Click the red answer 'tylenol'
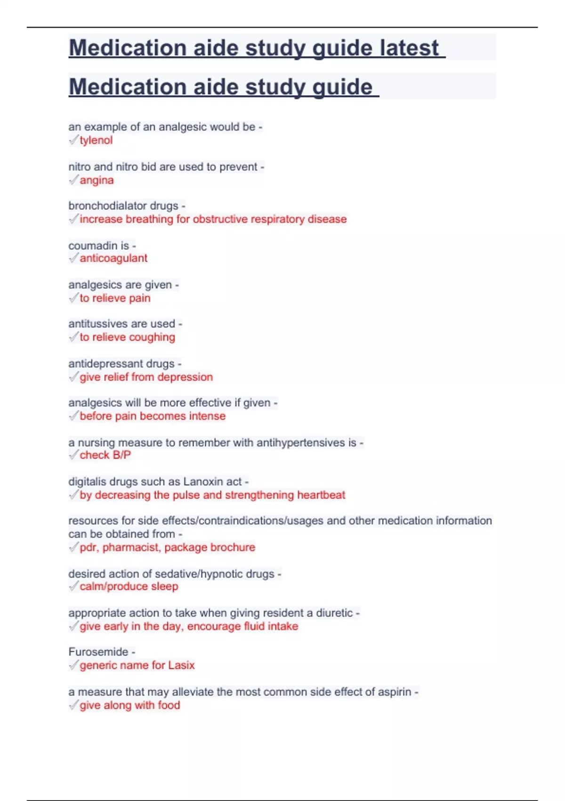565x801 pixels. click(96, 140)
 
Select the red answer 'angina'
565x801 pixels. click(97, 180)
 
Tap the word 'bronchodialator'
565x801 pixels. click(123, 206)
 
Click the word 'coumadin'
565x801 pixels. click(93, 245)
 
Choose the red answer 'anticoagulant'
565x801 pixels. click(113, 258)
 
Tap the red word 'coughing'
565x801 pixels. click(152, 337)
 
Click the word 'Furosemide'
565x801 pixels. click(98, 652)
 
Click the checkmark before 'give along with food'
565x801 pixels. click(73, 705)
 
